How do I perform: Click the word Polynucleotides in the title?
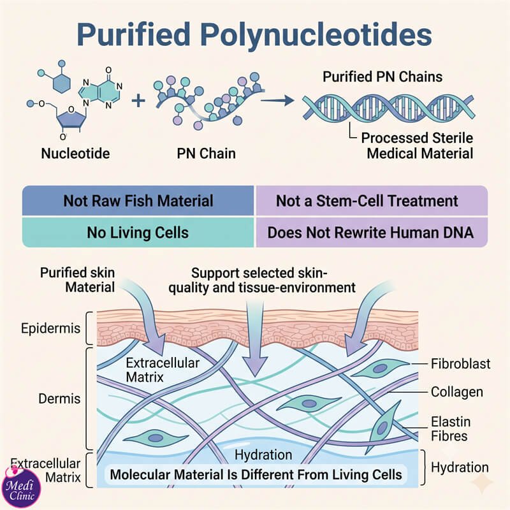(316, 35)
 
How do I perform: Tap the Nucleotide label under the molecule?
(75, 154)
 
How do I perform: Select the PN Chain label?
(206, 154)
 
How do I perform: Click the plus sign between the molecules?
(138, 100)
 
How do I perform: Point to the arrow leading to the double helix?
(277, 101)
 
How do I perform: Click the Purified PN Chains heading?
(382, 76)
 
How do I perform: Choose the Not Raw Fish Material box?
(138, 200)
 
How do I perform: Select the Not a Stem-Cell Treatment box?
(372, 200)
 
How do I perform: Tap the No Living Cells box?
(138, 232)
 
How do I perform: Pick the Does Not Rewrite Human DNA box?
(372, 232)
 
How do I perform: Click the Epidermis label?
(51, 328)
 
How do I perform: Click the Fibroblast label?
(460, 364)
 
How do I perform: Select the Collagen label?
(456, 392)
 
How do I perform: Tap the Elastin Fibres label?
(451, 429)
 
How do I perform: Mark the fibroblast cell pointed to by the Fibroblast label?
(380, 368)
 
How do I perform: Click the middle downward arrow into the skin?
(256, 339)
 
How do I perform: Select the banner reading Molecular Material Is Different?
(256, 474)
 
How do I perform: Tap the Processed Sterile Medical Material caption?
(418, 146)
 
